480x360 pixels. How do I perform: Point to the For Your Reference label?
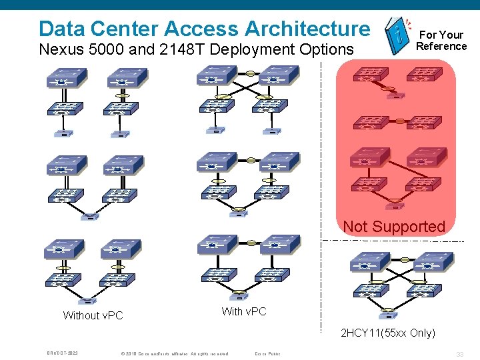[441, 40]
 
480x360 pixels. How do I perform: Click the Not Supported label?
[393, 227]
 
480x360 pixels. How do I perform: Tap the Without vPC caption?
[93, 315]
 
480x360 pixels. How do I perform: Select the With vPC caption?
[243, 311]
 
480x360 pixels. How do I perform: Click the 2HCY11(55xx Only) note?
[387, 333]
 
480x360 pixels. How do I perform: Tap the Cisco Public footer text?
[267, 353]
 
